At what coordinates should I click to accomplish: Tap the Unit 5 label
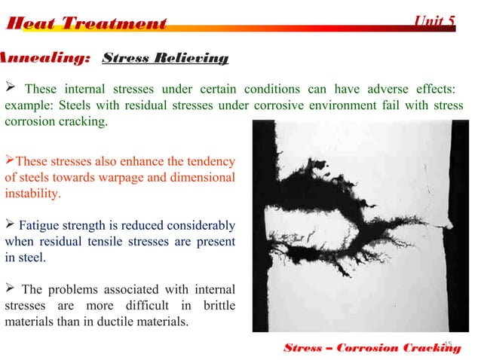pos(435,20)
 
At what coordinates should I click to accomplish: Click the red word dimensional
pos(202,177)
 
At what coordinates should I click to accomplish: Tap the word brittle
pos(215,306)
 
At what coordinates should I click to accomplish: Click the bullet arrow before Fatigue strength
pos(10,225)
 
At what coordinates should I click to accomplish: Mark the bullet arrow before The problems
pos(10,290)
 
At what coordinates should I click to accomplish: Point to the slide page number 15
pos(447,344)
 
